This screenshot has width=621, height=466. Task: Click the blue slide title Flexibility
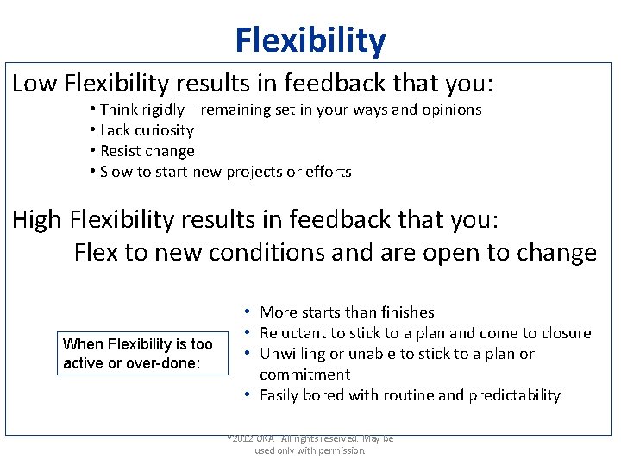(x=310, y=41)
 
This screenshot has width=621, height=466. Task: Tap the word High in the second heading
(x=37, y=219)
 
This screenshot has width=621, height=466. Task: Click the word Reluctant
(x=294, y=333)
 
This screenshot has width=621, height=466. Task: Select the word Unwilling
(x=294, y=354)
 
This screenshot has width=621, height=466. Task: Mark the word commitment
(x=304, y=375)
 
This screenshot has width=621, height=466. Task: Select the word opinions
(x=450, y=110)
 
